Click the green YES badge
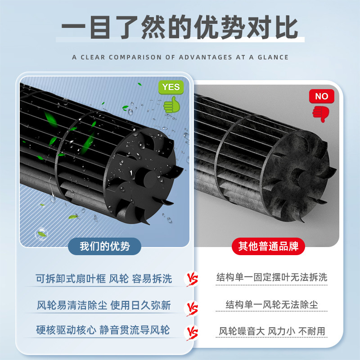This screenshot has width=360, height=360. tap(171, 87)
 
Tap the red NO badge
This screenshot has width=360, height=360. tap(321, 96)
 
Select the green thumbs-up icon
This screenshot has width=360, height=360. tap(171, 105)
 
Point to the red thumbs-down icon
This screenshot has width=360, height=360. tap(321, 114)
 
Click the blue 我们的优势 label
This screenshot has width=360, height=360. tap(105, 246)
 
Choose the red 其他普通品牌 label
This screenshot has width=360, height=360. tap(268, 246)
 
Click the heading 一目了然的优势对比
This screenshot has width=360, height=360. tap(180, 27)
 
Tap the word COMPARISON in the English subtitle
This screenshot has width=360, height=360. tap(135, 57)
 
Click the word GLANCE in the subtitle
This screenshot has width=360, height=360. tap(273, 57)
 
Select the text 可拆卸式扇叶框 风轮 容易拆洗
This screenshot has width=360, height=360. tap(104, 279)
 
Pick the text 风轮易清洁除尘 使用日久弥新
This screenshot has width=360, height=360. tap(104, 306)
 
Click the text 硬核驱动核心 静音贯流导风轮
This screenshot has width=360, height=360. tap(103, 330)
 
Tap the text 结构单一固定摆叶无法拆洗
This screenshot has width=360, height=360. tap(272, 277)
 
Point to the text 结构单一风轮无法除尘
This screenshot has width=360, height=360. tap(272, 305)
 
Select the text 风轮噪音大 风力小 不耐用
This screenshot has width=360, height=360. tap(272, 331)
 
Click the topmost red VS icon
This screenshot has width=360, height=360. tap(192, 279)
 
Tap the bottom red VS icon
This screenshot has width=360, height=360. tap(192, 333)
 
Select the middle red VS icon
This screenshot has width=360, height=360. tap(192, 308)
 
